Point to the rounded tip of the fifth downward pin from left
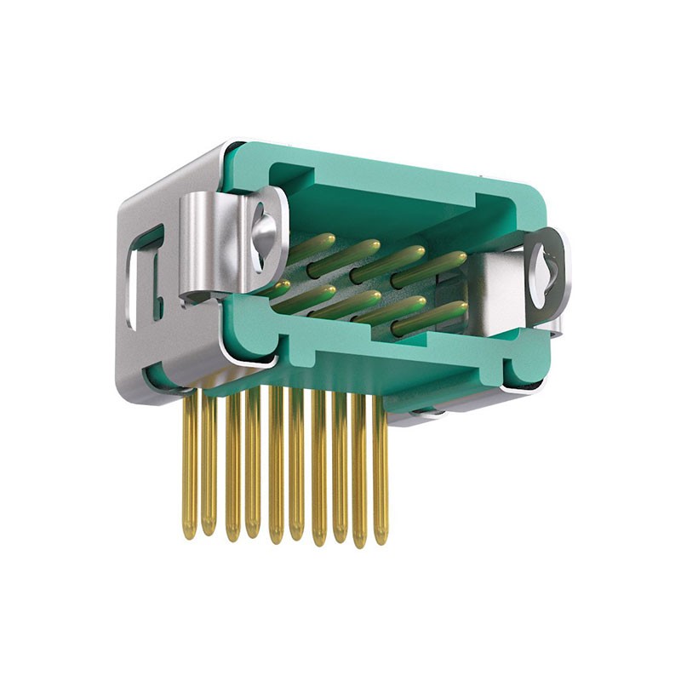point(276,536)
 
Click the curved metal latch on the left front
point(204,247)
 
